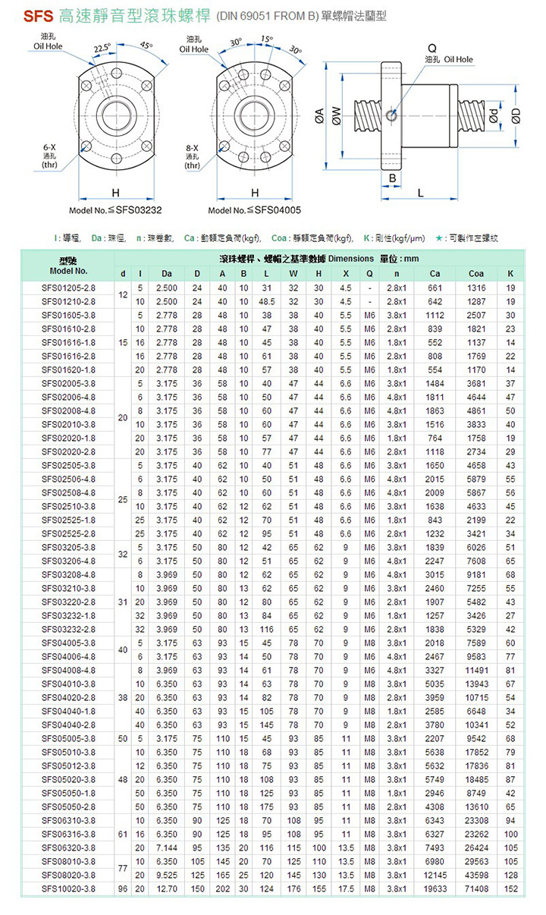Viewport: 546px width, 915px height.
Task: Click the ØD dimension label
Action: point(516,116)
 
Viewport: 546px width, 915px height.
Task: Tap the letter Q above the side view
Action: point(431,48)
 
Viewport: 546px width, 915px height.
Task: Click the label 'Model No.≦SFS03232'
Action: point(116,210)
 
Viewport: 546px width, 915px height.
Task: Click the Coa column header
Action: point(476,274)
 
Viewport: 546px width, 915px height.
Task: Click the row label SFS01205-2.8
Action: point(69,288)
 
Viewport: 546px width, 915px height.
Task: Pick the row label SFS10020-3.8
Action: point(69,888)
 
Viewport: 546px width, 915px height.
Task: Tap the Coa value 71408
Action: point(476,888)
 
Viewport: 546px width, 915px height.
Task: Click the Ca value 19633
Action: point(435,888)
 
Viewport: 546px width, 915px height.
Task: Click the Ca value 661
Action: point(435,288)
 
